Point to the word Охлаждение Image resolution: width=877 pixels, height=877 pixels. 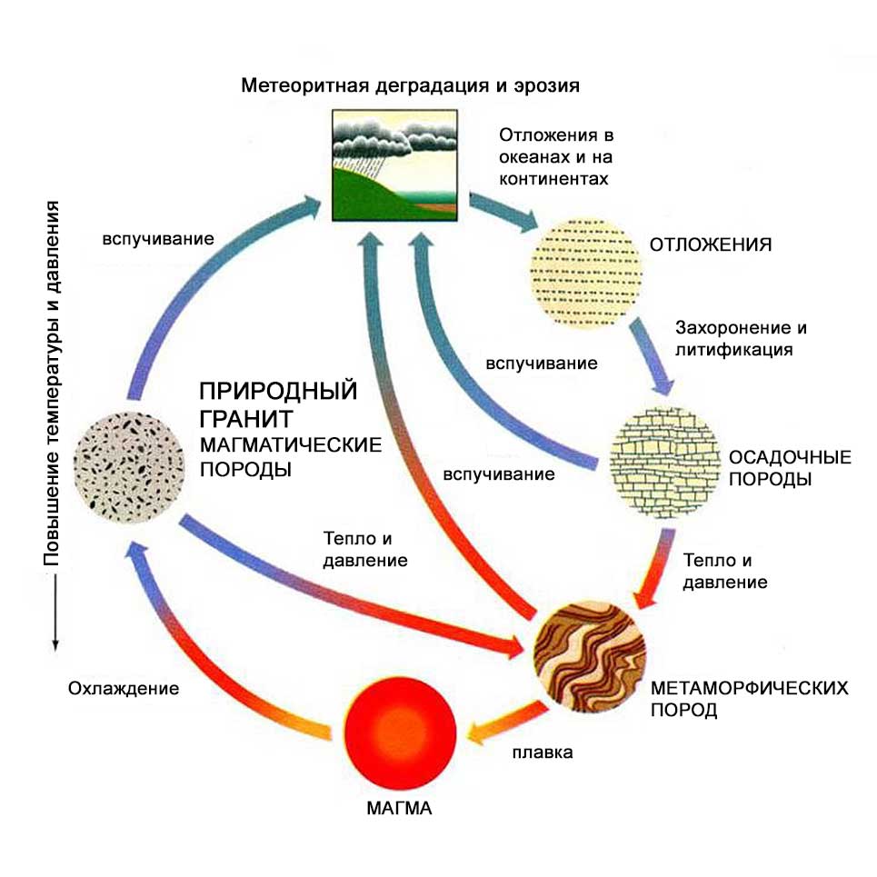coord(123,688)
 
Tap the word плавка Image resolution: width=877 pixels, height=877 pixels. coord(543,752)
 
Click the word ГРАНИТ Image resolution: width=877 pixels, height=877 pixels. coord(246,419)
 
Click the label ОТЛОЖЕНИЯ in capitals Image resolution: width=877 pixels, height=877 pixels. coord(711,245)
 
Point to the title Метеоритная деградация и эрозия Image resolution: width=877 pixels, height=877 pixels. coord(411,86)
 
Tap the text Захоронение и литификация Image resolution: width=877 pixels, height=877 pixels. coord(741,337)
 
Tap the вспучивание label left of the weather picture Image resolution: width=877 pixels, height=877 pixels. coord(158,241)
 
